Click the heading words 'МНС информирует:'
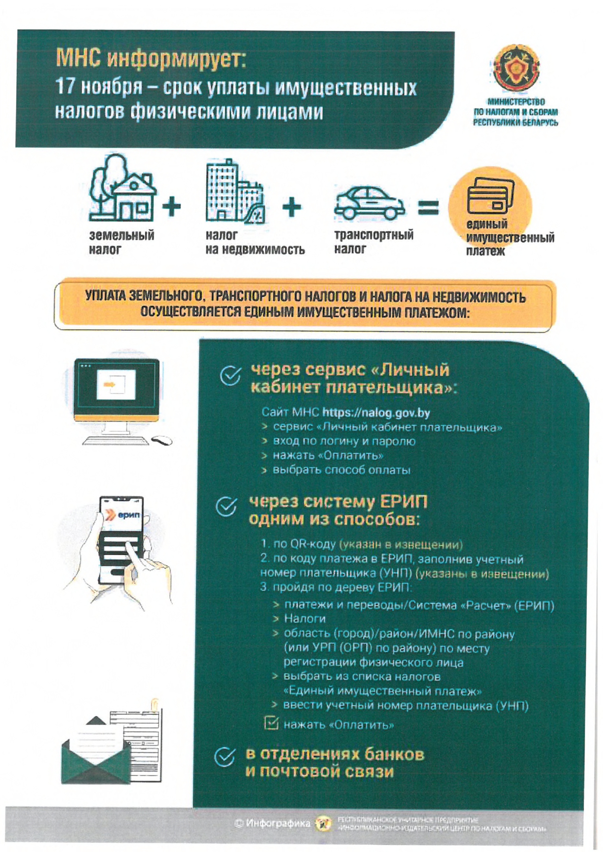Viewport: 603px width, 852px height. point(151,58)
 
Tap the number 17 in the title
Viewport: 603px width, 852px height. point(65,87)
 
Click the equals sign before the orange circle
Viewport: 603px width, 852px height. point(428,208)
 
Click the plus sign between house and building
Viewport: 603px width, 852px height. point(171,207)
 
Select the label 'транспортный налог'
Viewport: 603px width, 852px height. point(373,242)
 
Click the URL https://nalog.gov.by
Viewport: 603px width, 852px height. point(376,413)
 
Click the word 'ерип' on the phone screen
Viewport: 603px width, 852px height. point(128,515)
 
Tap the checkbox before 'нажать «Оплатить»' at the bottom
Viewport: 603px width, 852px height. point(271,723)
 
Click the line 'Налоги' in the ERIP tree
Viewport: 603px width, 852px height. point(304,619)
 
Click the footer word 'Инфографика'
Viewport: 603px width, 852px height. point(278,823)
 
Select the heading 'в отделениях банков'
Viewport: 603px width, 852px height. point(335,754)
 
